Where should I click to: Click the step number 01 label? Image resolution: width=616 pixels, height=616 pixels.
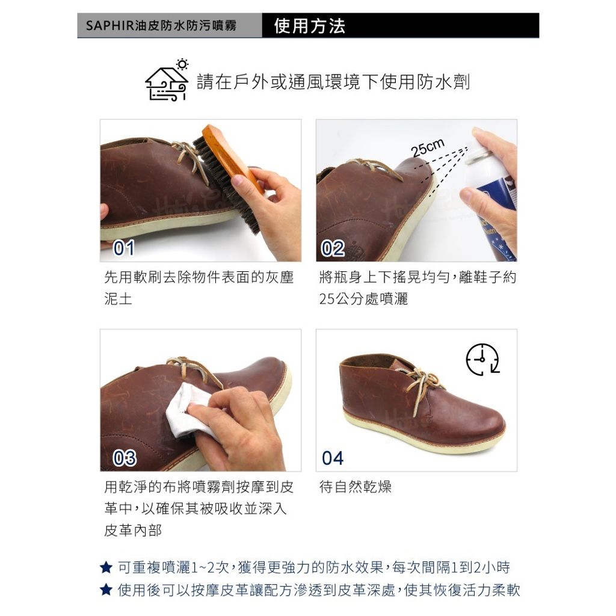tap(124, 248)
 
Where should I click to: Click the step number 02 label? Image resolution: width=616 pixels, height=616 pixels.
tap(333, 248)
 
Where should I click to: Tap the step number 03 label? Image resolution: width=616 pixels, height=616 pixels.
tap(125, 458)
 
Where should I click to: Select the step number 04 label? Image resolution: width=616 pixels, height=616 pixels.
tap(333, 458)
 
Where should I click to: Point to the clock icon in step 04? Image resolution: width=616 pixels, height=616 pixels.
tap(483, 360)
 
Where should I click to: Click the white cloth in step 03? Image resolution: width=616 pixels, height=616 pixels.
tap(188, 410)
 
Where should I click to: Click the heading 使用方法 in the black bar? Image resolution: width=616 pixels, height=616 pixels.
tap(310, 26)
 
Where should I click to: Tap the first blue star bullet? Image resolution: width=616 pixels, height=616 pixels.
tap(106, 567)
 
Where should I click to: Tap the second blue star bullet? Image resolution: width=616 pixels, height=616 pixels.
tap(106, 590)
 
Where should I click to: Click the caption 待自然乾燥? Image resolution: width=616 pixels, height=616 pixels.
tap(356, 487)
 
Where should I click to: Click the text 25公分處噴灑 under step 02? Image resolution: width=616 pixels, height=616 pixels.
tap(364, 299)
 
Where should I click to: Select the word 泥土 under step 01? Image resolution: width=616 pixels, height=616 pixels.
tap(119, 299)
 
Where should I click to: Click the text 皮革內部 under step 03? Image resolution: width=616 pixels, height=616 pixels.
tap(133, 531)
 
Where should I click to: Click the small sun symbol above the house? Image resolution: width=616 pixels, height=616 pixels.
tap(182, 64)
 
